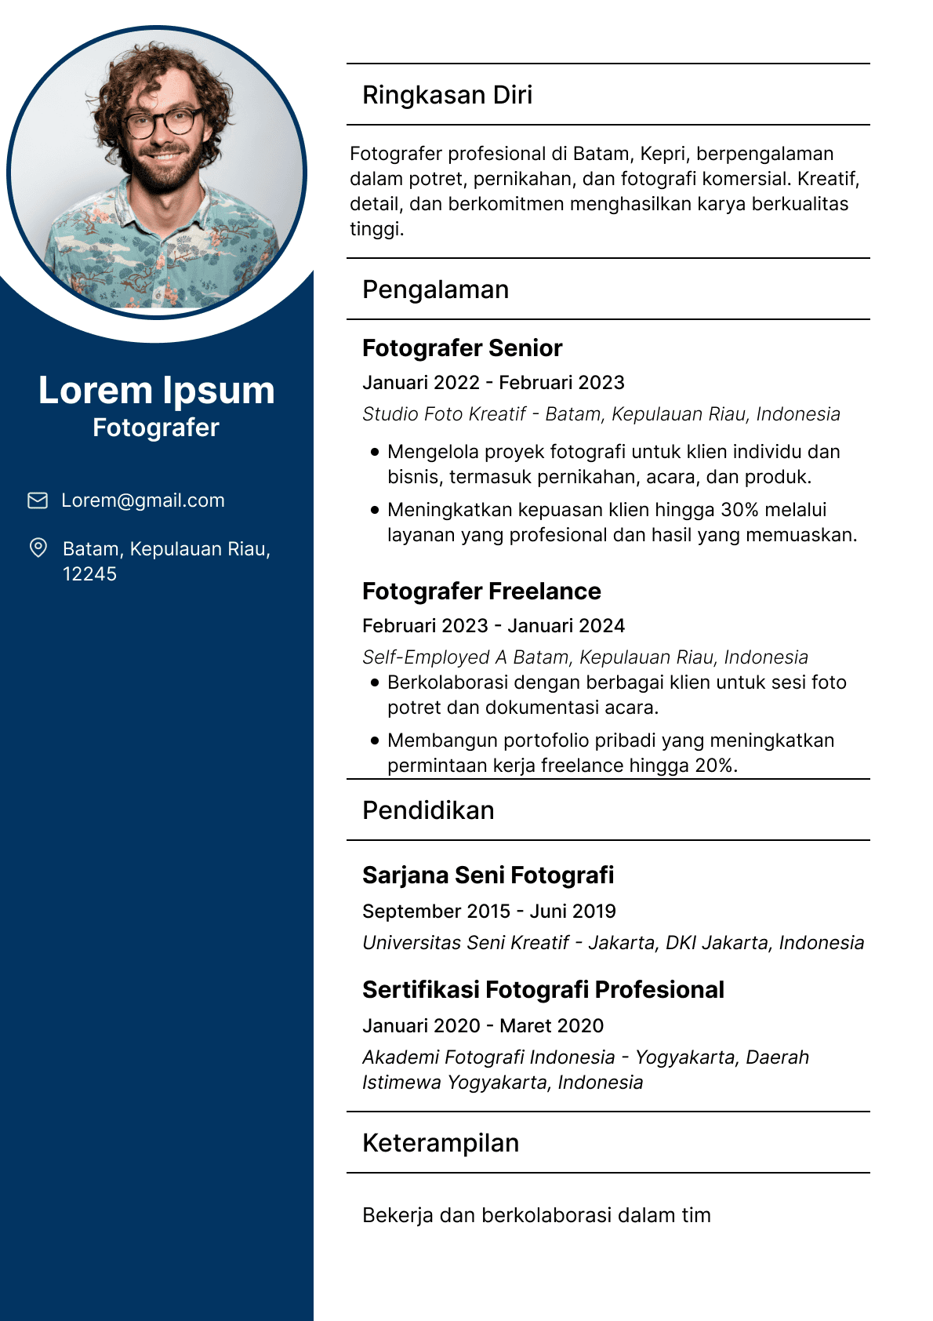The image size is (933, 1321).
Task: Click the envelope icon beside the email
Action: click(38, 500)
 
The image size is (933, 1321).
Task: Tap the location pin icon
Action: click(38, 548)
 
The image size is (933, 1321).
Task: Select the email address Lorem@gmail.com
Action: click(143, 500)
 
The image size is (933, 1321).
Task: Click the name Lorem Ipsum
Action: click(157, 391)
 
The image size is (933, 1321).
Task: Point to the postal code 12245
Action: click(89, 574)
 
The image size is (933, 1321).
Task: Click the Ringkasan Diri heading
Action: click(447, 95)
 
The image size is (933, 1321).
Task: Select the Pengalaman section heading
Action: click(435, 289)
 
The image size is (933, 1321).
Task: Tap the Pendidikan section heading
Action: click(428, 810)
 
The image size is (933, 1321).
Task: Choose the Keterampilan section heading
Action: click(441, 1143)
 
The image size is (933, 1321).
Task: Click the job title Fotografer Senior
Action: click(462, 348)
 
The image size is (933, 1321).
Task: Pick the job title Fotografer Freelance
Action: click(481, 591)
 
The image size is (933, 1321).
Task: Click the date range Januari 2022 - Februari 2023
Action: click(493, 383)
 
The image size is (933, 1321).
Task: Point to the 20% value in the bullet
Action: click(714, 766)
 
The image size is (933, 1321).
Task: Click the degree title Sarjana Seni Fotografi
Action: click(488, 875)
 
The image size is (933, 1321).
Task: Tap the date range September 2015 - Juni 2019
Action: click(488, 912)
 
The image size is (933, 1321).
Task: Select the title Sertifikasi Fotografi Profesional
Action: click(543, 990)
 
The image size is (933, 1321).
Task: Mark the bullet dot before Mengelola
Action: click(375, 452)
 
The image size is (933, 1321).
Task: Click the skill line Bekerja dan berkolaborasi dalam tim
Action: click(536, 1215)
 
